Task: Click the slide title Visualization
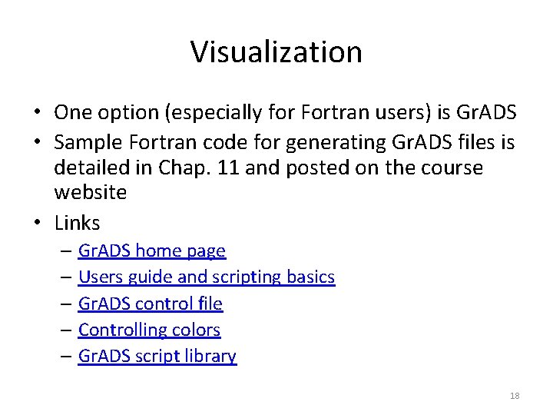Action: coord(276,52)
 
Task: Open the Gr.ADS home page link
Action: coord(152,251)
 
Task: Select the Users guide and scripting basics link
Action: coord(207,277)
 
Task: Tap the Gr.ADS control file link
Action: coord(151,304)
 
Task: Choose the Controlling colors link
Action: coord(149,330)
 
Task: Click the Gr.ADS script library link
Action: coord(157,356)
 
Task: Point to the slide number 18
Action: coord(515,396)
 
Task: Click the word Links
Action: coord(78,223)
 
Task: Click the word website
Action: coord(91,192)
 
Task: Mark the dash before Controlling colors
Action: coord(67,330)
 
